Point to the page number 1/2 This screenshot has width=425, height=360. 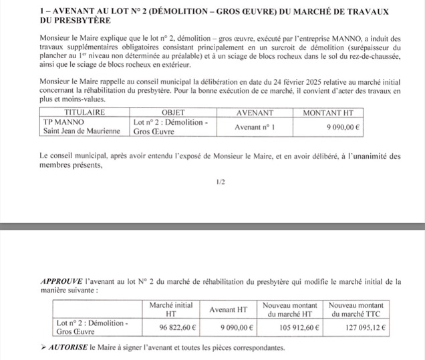(221, 182)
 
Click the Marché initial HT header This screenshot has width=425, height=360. (170, 309)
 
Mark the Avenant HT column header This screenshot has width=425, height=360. (229, 309)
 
